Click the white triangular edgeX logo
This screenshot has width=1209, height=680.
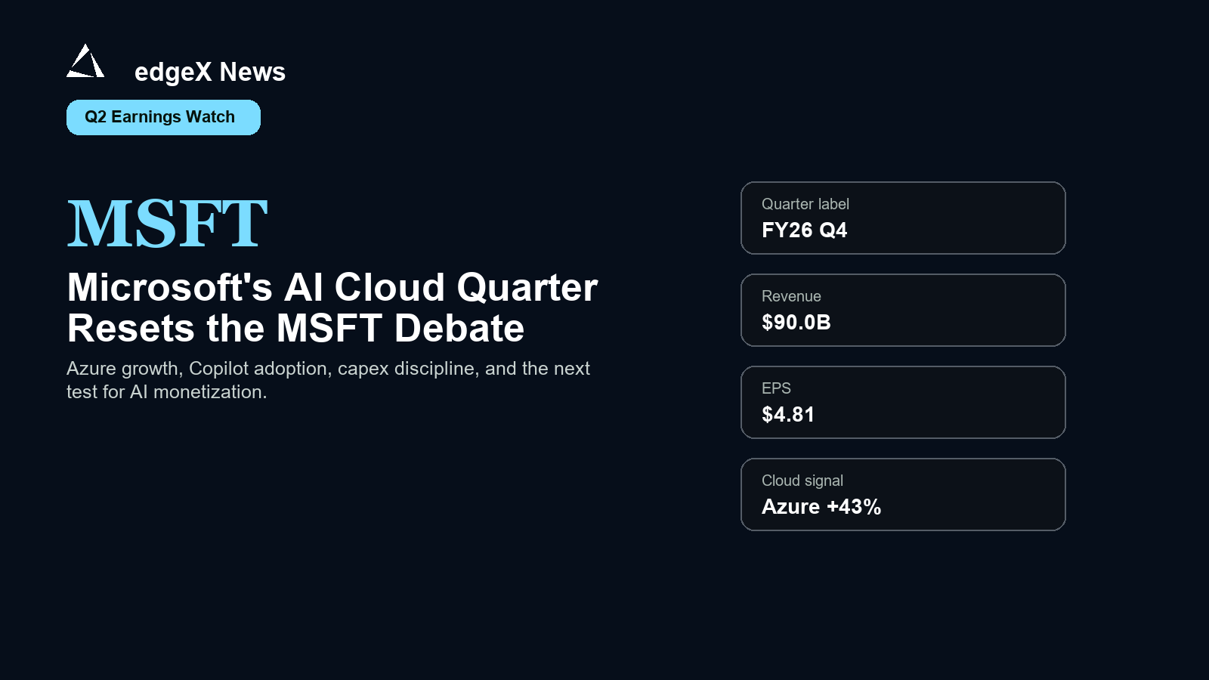85,61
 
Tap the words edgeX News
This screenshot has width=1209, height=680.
210,73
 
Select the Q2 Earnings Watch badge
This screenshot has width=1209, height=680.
163,117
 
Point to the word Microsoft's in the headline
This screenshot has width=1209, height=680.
170,287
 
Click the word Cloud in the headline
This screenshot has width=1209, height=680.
390,287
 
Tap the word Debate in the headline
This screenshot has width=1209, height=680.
459,328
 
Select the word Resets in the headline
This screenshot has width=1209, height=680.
131,328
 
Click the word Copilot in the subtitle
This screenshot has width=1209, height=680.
218,369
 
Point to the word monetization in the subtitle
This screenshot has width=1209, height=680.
211,392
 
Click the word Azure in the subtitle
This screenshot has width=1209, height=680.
91,369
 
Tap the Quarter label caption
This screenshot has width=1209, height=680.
805,205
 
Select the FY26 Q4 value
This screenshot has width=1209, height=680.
804,230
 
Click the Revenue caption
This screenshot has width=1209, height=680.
791,296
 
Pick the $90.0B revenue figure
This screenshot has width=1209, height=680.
796,322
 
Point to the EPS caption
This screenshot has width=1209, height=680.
776,388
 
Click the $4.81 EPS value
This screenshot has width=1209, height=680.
788,415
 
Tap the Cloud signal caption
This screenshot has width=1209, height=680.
802,481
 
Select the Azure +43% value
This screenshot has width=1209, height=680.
821,507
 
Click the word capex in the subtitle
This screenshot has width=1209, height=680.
363,369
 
